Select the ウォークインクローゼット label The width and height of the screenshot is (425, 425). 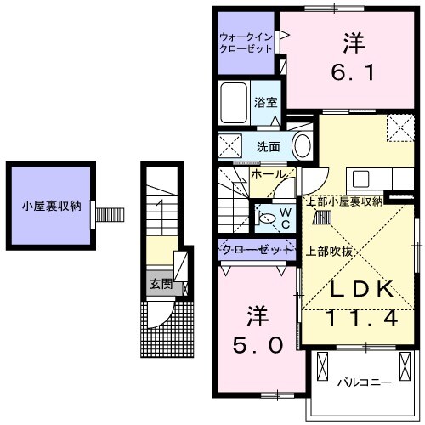(x=246, y=42)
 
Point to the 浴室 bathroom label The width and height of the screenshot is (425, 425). (x=265, y=103)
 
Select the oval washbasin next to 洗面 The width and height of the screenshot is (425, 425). (x=302, y=146)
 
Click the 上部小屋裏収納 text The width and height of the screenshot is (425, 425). (x=343, y=201)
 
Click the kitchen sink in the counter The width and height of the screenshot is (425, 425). (x=360, y=179)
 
